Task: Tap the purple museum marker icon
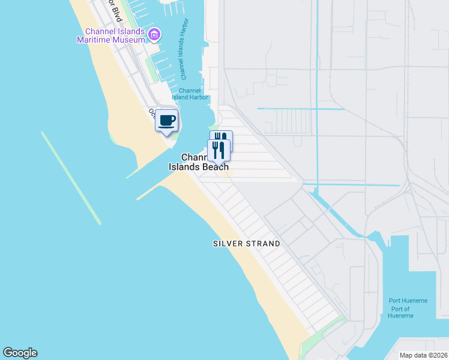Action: click(x=154, y=35)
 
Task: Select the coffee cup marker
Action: click(x=166, y=120)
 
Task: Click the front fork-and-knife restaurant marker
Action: click(x=219, y=150)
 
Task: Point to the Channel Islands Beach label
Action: click(x=199, y=162)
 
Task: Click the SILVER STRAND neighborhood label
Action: click(x=247, y=244)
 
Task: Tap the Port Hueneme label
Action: click(x=408, y=301)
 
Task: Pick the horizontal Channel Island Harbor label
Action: click(x=190, y=94)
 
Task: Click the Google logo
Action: click(x=20, y=353)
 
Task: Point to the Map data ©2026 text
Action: click(x=423, y=355)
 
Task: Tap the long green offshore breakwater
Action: click(x=71, y=178)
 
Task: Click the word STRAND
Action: click(x=262, y=244)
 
